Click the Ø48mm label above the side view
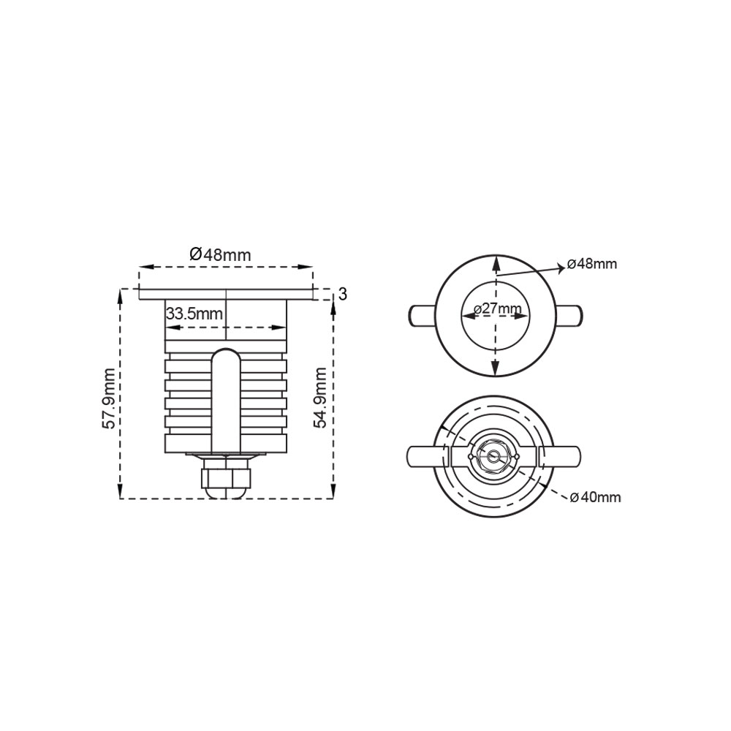tap(220, 254)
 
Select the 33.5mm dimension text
tap(194, 314)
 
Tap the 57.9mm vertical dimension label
tap(109, 398)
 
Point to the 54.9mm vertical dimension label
tap(321, 397)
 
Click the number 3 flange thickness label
tap(343, 294)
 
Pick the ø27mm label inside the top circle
tap(497, 308)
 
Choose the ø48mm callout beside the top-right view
tap(592, 264)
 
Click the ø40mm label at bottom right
tap(595, 497)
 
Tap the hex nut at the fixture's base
tap(226, 477)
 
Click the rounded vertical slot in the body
tap(226, 400)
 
